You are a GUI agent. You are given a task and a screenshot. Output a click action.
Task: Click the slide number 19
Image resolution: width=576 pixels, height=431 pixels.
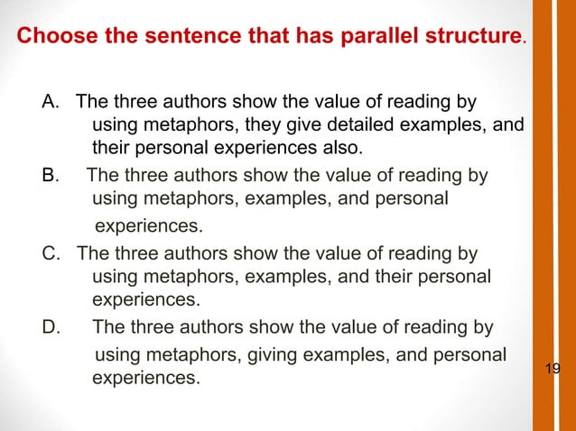point(553,368)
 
